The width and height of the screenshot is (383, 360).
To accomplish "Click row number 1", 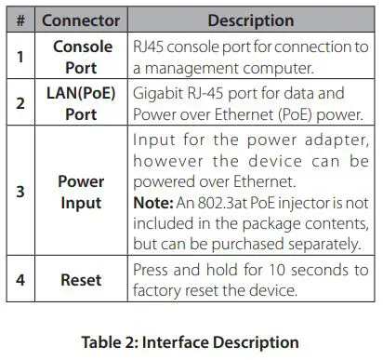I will pos(20,56).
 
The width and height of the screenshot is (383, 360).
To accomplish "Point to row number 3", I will pos(20,192).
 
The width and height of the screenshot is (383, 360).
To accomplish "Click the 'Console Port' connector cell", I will pos(82,56).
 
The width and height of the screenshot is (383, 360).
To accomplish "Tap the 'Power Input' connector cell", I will pos(82,192).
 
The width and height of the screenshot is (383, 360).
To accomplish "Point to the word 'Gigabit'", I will pos(158,94).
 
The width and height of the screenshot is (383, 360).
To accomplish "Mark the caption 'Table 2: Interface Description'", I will pos(192,341).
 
